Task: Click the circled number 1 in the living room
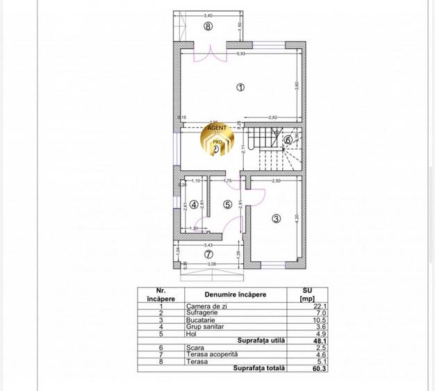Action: tap(240, 88)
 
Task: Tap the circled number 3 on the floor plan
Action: tap(276, 219)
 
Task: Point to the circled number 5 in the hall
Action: tap(227, 204)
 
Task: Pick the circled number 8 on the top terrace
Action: tap(208, 26)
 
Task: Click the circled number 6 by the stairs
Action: tap(288, 139)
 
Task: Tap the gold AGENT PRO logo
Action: tap(216, 142)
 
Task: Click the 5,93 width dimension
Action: tap(241, 53)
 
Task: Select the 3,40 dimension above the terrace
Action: tap(208, 15)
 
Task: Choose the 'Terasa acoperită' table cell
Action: tap(208, 354)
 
